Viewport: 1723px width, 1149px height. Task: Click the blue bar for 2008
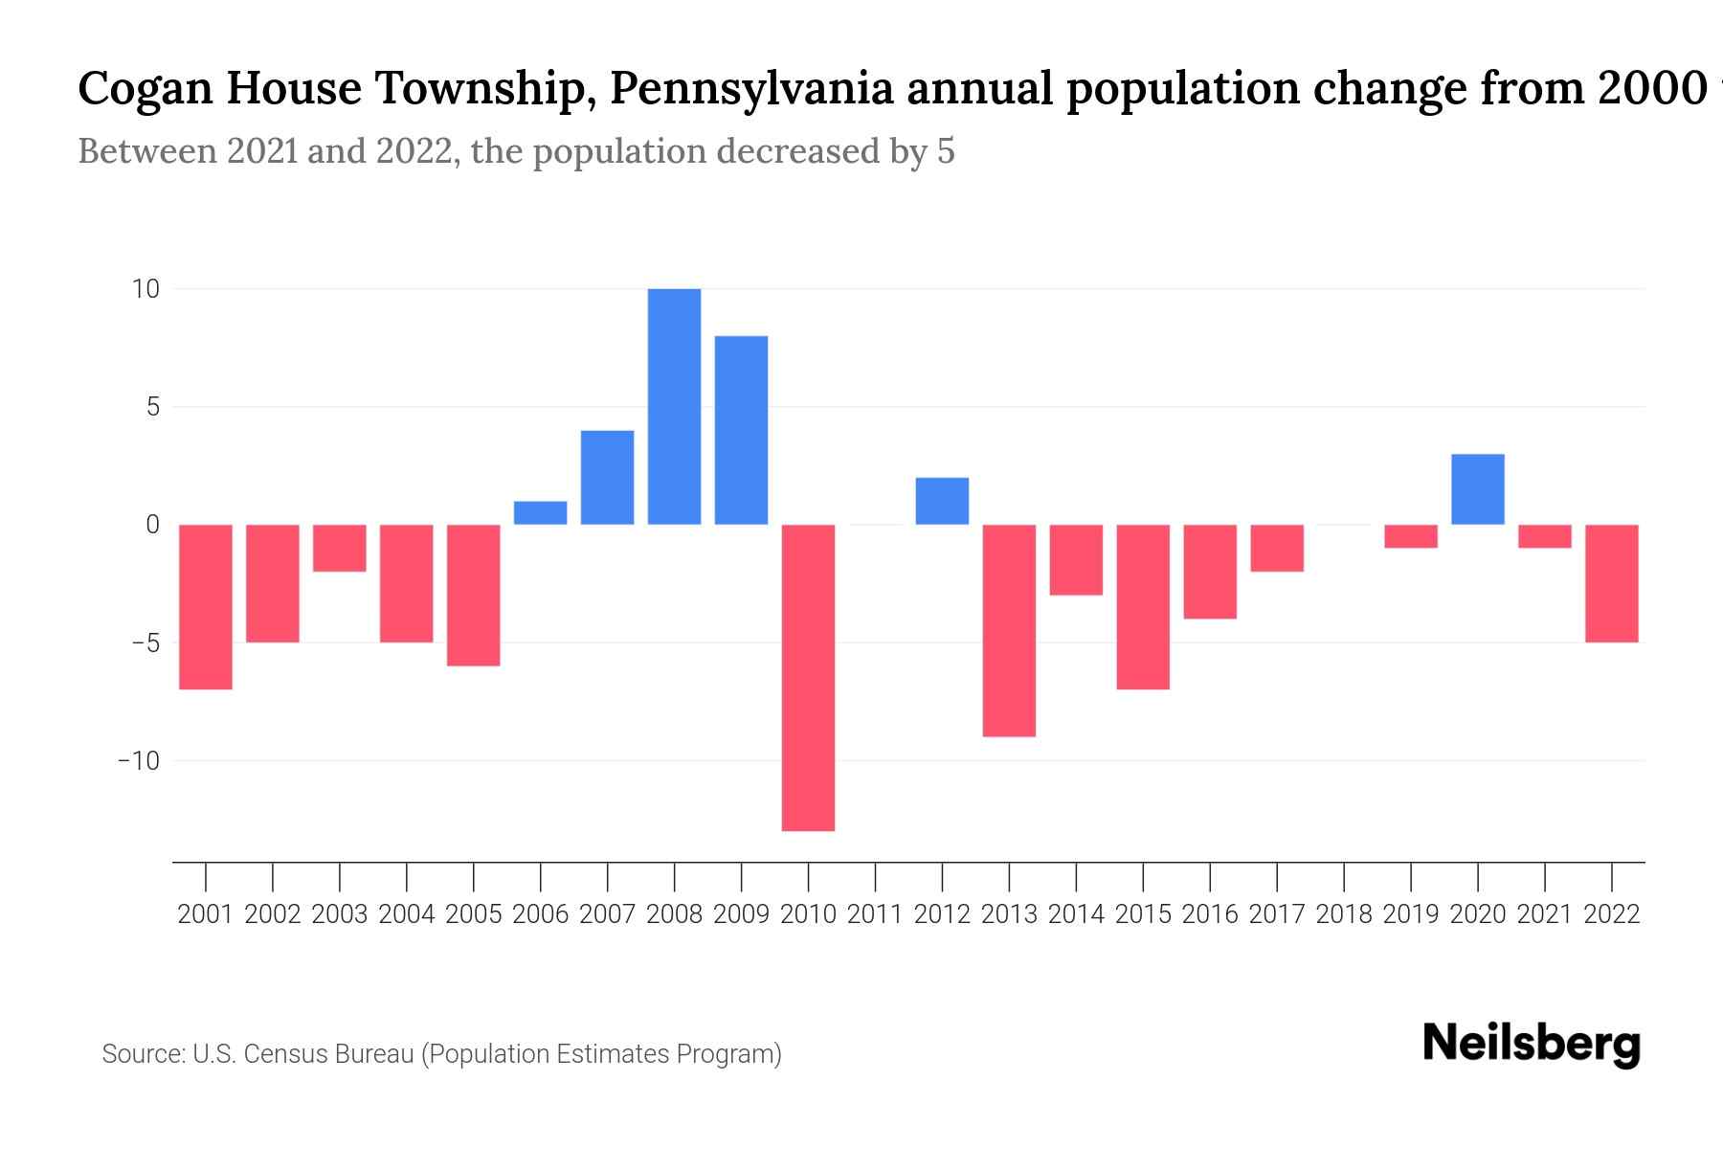click(x=674, y=406)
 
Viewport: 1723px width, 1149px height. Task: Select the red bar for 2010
click(x=808, y=677)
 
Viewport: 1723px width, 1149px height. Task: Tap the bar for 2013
click(x=1009, y=630)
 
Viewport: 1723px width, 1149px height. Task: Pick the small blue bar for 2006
click(x=540, y=513)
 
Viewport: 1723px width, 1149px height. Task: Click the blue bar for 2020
click(x=1477, y=489)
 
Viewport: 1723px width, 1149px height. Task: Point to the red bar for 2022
click(x=1611, y=583)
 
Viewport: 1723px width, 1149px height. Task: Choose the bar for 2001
click(x=206, y=606)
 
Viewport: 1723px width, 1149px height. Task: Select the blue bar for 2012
click(x=942, y=501)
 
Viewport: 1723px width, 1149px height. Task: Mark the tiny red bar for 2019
click(x=1410, y=536)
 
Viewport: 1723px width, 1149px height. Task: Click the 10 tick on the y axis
click(x=145, y=288)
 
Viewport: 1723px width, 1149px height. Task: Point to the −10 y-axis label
click(x=138, y=761)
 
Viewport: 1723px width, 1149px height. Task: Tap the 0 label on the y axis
click(x=152, y=525)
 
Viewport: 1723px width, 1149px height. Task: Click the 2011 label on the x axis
click(x=875, y=914)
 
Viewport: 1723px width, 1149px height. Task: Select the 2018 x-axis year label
click(x=1343, y=914)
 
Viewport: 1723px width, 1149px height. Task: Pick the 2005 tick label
click(x=473, y=914)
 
